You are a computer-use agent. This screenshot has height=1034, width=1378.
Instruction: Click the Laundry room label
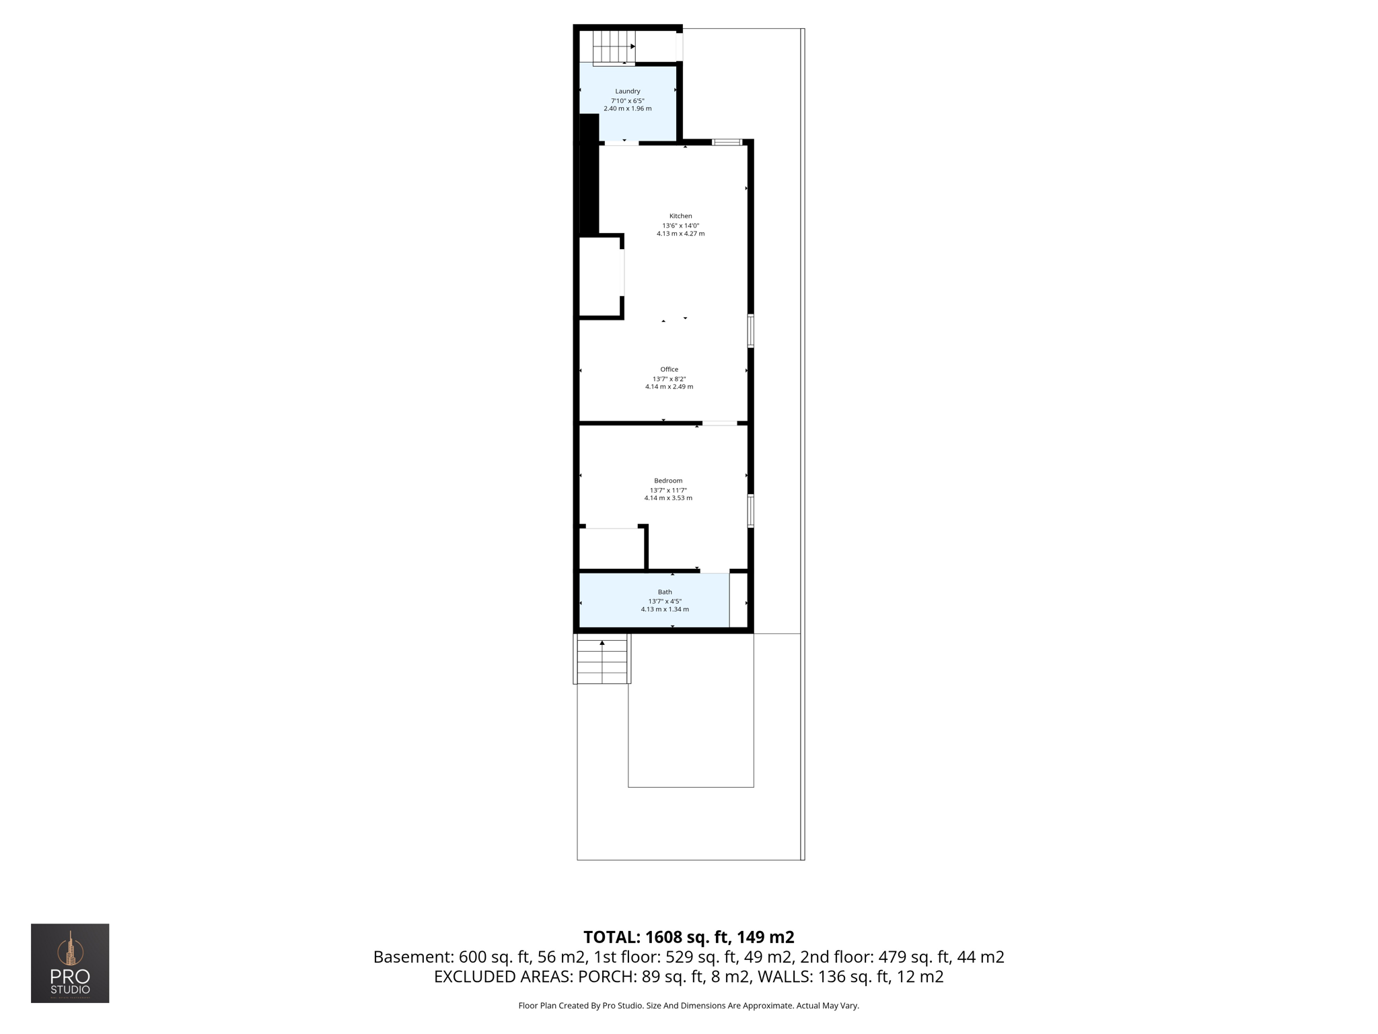pyautogui.click(x=627, y=92)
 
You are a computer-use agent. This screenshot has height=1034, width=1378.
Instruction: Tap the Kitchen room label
pyautogui.click(x=680, y=216)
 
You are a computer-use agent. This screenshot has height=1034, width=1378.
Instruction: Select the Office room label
pyautogui.click(x=669, y=370)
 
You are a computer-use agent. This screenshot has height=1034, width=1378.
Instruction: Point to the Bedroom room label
pyautogui.click(x=668, y=481)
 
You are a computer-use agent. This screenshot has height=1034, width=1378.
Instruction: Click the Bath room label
pyautogui.click(x=665, y=592)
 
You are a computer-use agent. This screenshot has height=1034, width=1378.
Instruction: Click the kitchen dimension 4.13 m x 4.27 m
pyautogui.click(x=680, y=234)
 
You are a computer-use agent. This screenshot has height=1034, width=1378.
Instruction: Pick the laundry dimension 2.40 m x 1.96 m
pyautogui.click(x=627, y=108)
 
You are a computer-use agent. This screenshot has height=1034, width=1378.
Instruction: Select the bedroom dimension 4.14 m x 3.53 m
pyautogui.click(x=668, y=498)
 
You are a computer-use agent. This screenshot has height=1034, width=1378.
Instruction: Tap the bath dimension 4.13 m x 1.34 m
pyautogui.click(x=665, y=609)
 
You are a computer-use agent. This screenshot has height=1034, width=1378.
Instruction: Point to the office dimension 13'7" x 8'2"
pyautogui.click(x=669, y=379)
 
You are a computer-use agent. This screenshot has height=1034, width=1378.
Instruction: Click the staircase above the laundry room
pyautogui.click(x=614, y=46)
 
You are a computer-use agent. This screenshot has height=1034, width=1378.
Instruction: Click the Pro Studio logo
pyautogui.click(x=70, y=963)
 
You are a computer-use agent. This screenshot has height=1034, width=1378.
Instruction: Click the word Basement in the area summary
pyautogui.click(x=413, y=957)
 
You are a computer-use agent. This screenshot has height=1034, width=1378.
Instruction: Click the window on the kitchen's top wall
pyautogui.click(x=727, y=142)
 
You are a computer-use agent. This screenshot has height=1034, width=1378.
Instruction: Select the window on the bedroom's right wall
pyautogui.click(x=751, y=511)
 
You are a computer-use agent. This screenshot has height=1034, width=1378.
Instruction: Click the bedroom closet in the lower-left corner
pyautogui.click(x=612, y=549)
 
